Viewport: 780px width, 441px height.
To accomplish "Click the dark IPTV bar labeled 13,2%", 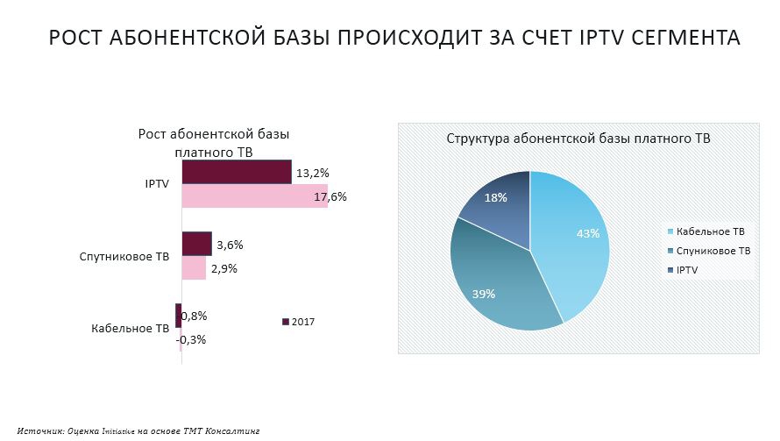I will (236, 172).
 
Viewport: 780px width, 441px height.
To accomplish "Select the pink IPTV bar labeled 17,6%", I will (254, 196).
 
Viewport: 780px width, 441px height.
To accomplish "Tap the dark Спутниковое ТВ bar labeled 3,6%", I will (196, 244).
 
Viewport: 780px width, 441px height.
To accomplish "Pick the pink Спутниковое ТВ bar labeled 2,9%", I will (194, 267).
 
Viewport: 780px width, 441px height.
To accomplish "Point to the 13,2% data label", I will (313, 173).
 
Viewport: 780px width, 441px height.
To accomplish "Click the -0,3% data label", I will (191, 339).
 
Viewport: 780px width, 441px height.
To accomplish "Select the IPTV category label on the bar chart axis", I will (157, 184).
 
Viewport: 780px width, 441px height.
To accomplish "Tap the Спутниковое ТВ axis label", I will (125, 257).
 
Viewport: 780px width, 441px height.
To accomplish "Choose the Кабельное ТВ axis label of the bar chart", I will (131, 329).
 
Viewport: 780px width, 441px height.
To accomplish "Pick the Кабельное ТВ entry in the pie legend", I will (710, 231).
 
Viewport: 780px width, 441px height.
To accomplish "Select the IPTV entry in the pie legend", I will (687, 270).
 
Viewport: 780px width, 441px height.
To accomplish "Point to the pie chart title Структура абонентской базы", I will (578, 139).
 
